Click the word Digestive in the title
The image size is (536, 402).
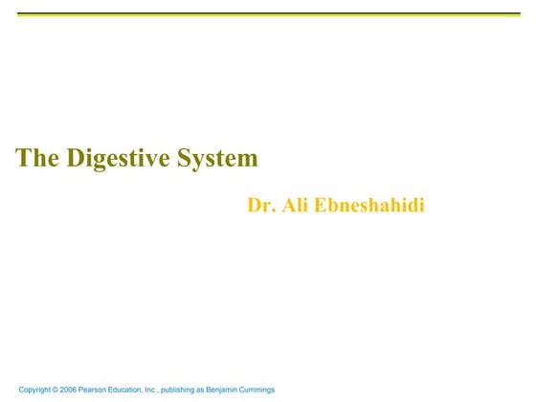click(x=116, y=159)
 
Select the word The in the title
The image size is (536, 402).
click(x=37, y=159)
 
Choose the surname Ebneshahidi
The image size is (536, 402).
click(x=370, y=205)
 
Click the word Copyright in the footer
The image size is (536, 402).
click(x=37, y=390)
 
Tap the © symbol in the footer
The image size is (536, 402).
click(x=62, y=390)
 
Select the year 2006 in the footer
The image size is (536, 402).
click(x=78, y=390)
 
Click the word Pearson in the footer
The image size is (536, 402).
click(x=105, y=390)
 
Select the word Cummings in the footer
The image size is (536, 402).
click(x=292, y=390)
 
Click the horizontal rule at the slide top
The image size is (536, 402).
click(x=268, y=14)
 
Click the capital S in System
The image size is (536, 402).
click(x=181, y=159)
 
